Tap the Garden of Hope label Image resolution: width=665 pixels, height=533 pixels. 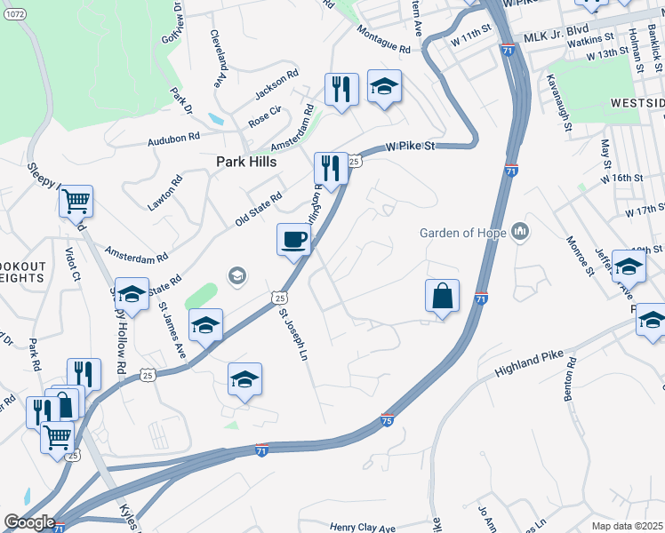463,234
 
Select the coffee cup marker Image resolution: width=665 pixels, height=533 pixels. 294,239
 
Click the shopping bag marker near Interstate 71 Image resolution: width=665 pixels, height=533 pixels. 442,296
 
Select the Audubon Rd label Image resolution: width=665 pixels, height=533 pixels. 173,139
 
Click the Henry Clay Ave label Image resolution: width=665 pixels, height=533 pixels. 362,528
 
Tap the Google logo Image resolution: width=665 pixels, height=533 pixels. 29,522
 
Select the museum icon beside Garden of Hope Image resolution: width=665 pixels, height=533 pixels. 521,234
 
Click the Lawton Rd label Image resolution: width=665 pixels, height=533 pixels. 165,192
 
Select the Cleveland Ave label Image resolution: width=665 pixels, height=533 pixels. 217,60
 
